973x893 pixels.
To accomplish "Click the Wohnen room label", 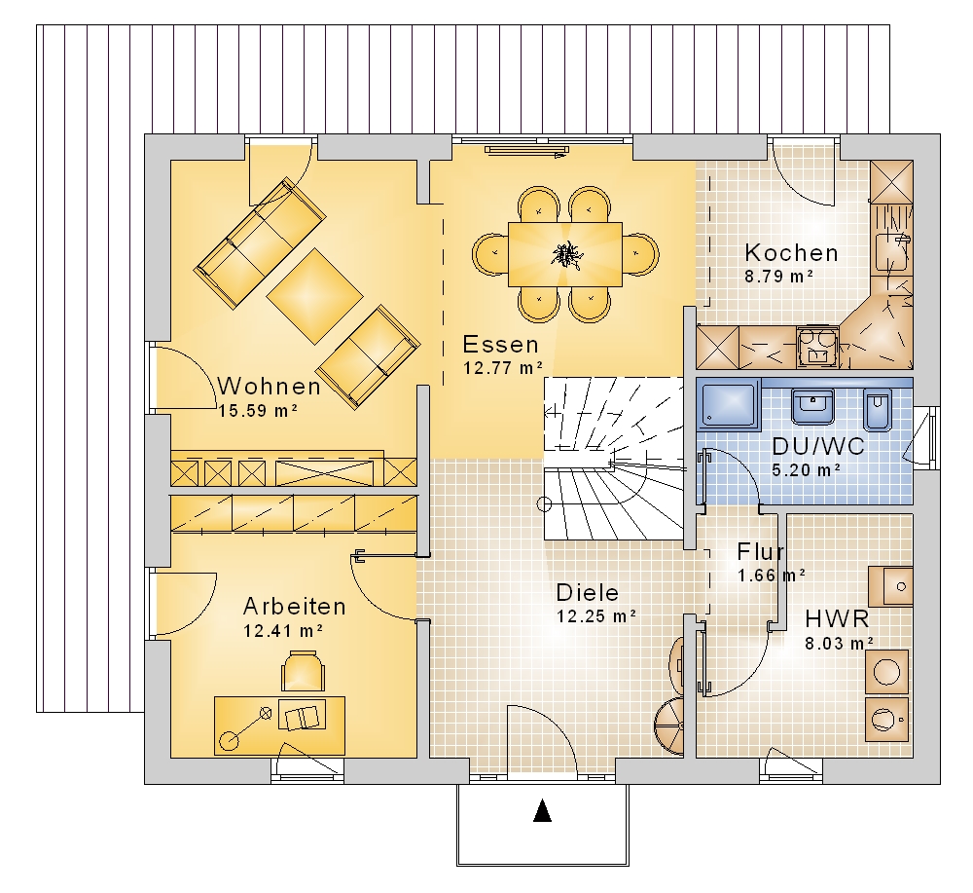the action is (x=269, y=387).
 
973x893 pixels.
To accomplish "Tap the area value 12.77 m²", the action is (x=503, y=368).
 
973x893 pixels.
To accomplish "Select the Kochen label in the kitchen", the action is (x=791, y=253).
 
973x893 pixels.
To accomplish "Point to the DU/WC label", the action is (x=818, y=446).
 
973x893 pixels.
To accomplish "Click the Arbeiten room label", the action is (x=294, y=606).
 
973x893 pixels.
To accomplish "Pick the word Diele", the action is (x=587, y=592).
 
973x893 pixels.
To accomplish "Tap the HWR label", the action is (x=837, y=619).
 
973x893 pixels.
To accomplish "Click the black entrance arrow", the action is (x=542, y=810).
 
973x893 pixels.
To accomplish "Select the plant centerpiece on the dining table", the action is (x=565, y=254).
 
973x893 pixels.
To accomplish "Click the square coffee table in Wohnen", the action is (x=314, y=296).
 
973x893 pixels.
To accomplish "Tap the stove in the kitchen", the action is (x=816, y=347).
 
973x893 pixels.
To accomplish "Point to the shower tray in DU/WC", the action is (x=729, y=404).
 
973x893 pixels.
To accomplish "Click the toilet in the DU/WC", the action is (x=877, y=411).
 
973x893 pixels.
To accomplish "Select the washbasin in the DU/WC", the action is (x=812, y=407).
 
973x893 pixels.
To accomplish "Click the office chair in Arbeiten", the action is (x=304, y=671).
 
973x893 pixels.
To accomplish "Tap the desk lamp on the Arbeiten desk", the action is (x=246, y=727).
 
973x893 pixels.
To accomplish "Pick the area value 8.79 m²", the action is (x=778, y=277).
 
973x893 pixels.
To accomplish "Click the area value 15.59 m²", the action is (x=258, y=411).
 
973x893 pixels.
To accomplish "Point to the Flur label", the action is (x=760, y=551).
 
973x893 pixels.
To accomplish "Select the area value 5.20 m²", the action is (x=806, y=470).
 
